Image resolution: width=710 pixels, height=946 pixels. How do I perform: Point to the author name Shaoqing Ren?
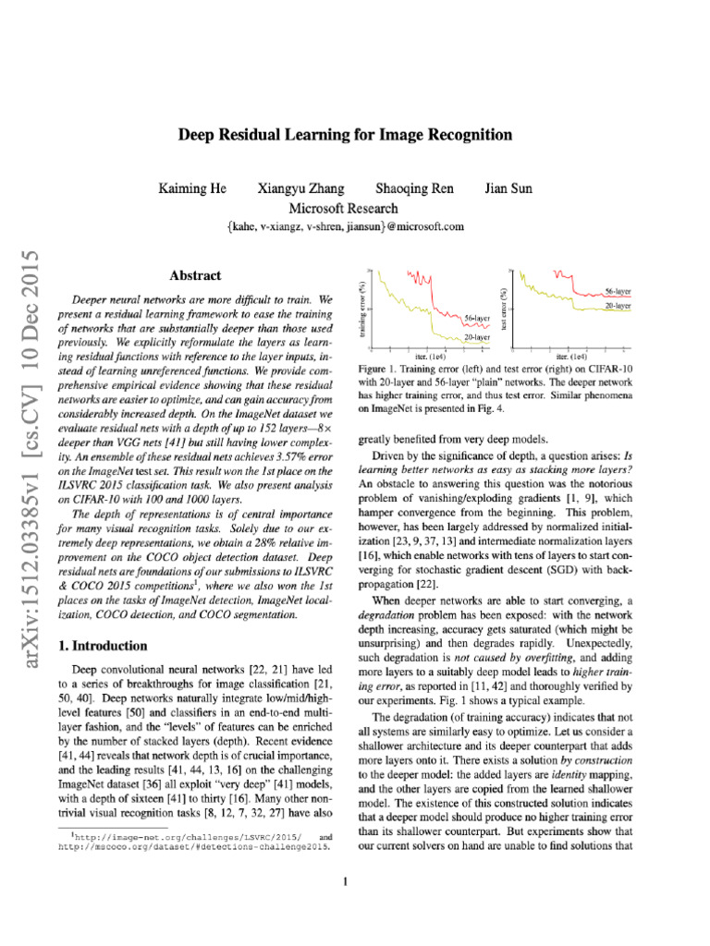(x=415, y=189)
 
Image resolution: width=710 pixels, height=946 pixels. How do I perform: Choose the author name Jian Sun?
(x=509, y=189)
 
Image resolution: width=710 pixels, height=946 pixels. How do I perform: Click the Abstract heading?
(x=196, y=275)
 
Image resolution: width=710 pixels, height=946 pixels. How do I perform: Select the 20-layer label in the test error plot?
(x=618, y=304)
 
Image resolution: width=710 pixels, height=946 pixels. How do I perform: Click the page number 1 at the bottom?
(x=344, y=880)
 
